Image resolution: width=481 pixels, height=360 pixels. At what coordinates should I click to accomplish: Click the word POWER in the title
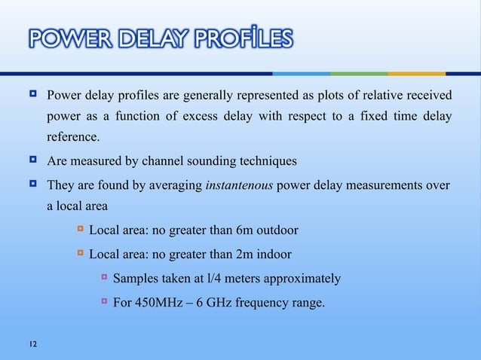pos(61,38)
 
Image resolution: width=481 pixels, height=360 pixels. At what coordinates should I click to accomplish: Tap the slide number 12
pos(31,344)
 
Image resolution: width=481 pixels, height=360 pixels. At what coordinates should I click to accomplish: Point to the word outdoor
pos(275,230)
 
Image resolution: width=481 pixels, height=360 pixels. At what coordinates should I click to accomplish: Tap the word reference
pos(72,137)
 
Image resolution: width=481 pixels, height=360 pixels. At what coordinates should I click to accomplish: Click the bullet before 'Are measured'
pos(34,161)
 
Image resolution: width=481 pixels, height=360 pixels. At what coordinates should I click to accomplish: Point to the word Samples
pos(136,279)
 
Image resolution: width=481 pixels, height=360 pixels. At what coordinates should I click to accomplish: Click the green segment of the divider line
pos(359,74)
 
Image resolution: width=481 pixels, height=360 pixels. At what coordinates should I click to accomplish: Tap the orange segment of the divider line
pos(416,74)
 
